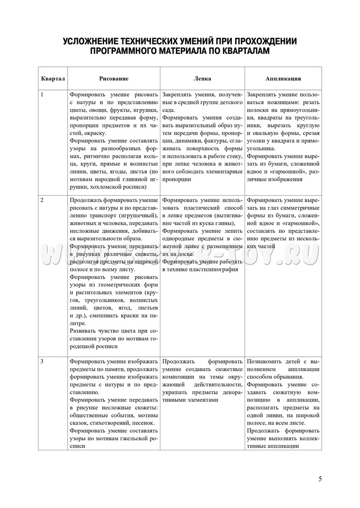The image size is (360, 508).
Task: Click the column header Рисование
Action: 114,78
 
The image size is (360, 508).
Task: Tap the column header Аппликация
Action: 283,78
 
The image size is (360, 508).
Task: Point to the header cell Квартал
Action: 53,78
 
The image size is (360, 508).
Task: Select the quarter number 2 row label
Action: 42,201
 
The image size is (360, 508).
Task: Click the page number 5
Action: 320,479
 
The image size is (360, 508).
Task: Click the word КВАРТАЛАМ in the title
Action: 244,52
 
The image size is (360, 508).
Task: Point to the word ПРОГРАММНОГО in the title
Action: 123,52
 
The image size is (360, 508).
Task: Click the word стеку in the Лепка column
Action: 233,155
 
